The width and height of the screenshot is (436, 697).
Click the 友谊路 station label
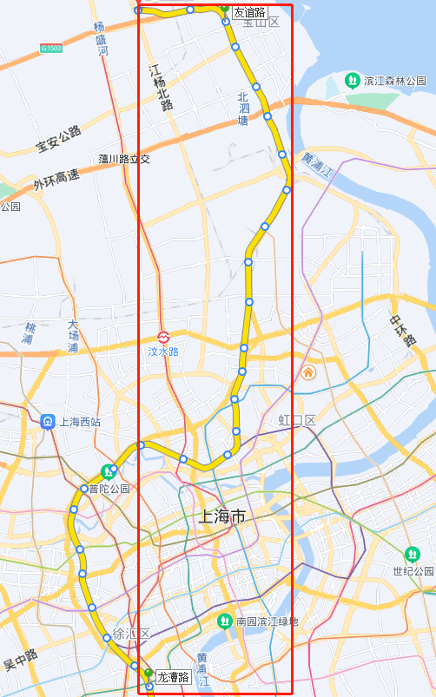(x=249, y=12)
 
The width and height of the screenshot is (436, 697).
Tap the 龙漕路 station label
(x=173, y=677)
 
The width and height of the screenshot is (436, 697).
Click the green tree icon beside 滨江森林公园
(x=353, y=81)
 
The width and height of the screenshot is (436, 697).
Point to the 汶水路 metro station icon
(x=163, y=337)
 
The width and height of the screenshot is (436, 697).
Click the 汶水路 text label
(x=163, y=352)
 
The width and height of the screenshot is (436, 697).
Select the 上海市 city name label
(x=222, y=516)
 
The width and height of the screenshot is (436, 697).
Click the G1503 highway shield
(x=51, y=48)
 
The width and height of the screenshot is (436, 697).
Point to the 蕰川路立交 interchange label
(x=125, y=159)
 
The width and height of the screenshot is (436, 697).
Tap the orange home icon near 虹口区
(x=308, y=372)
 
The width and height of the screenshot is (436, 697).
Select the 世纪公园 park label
(x=413, y=571)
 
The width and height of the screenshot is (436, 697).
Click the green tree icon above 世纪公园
(x=412, y=554)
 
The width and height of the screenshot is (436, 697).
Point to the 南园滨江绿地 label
(x=267, y=621)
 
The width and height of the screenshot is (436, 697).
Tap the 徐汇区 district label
(x=132, y=634)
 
